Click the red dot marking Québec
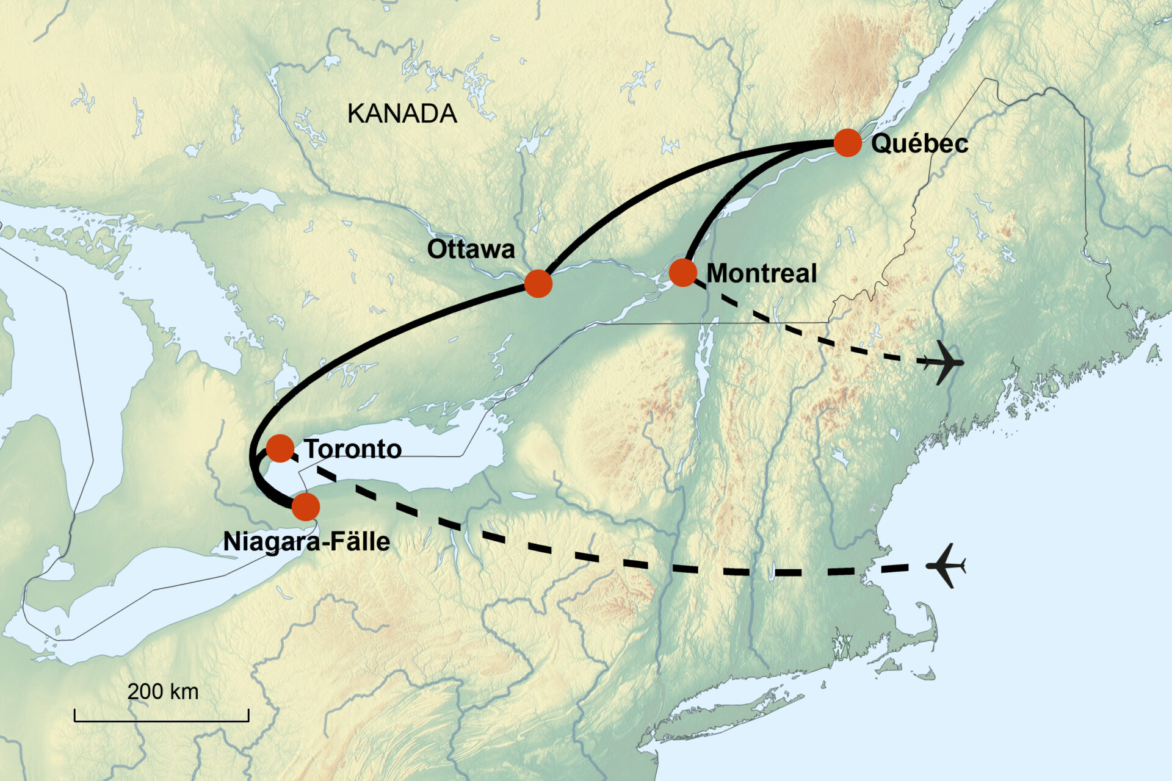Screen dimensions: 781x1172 [x=847, y=143]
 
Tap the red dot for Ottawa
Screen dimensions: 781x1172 [x=538, y=284]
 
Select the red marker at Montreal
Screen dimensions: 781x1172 [x=682, y=272]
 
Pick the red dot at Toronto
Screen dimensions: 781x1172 [x=280, y=448]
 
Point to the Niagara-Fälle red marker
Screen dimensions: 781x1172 [x=306, y=506]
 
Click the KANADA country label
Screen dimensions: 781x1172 [x=402, y=114]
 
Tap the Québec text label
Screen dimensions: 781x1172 [x=919, y=145]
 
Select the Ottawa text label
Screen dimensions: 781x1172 [x=471, y=249]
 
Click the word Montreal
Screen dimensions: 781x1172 [x=761, y=273]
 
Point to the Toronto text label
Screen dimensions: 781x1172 [x=353, y=449]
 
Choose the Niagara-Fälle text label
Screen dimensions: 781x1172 [x=306, y=542]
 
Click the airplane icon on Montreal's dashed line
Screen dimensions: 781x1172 [x=942, y=362]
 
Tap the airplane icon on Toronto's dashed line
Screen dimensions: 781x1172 [x=946, y=566]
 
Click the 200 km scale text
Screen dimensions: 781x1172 [x=163, y=691]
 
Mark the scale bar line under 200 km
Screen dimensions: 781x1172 [x=162, y=721]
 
